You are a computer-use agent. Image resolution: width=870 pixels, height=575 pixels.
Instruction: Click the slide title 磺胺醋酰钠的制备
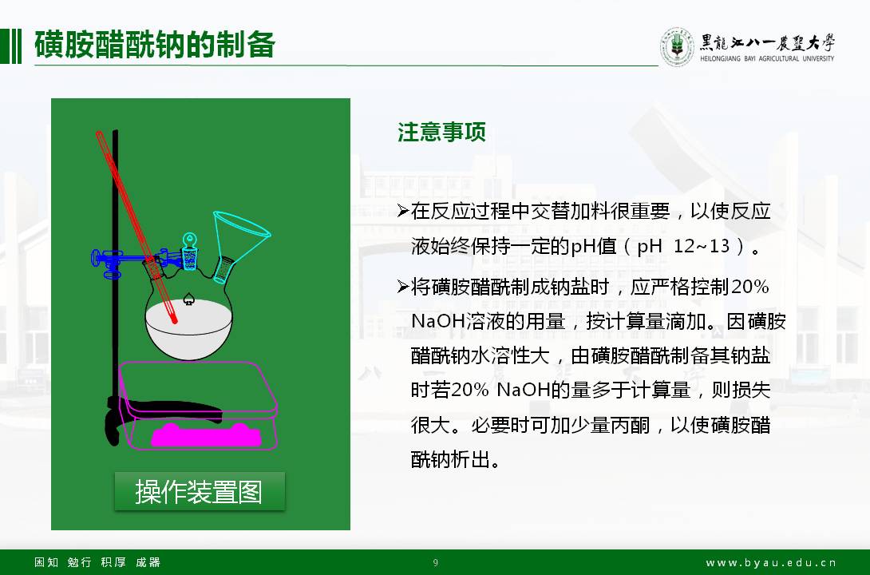[x=154, y=45]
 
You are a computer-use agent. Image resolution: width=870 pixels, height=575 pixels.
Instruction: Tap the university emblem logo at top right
[x=677, y=46]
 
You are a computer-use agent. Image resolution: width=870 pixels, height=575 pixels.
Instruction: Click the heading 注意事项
[x=441, y=132]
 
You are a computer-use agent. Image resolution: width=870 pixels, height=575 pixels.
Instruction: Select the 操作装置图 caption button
[x=200, y=491]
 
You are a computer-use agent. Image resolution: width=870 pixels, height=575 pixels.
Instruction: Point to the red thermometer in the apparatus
[x=136, y=227]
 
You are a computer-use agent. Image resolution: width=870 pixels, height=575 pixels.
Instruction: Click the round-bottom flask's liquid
[x=188, y=328]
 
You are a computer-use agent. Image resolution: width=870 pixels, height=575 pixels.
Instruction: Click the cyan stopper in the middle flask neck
[x=190, y=252]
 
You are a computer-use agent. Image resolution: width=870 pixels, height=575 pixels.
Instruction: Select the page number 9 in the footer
[x=436, y=563]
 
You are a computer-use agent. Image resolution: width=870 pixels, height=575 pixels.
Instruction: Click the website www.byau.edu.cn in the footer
[x=771, y=563]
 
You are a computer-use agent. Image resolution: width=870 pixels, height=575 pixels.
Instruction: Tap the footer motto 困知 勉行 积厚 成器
[x=97, y=562]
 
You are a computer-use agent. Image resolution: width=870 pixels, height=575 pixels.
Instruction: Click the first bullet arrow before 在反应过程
[x=403, y=211]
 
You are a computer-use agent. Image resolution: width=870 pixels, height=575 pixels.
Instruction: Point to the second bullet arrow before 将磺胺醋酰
[x=403, y=287]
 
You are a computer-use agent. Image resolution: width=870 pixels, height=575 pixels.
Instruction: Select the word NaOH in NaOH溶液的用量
[x=438, y=321]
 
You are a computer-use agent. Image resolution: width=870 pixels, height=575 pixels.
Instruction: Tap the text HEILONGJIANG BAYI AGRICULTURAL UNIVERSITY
[x=767, y=58]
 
